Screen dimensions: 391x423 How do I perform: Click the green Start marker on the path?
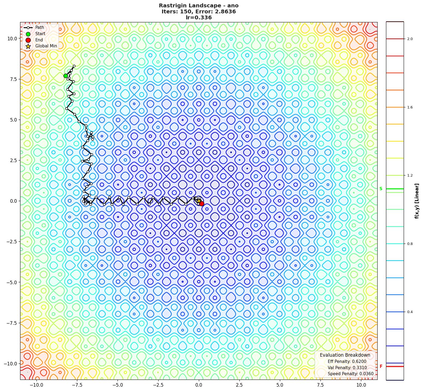tap(66, 76)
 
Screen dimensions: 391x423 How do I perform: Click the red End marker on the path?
tap(202, 204)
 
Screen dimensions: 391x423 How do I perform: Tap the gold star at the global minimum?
tap(199, 201)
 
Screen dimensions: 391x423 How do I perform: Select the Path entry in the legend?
tap(39, 28)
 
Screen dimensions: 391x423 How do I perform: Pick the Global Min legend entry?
tap(46, 46)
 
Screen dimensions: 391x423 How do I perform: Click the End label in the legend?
tap(39, 40)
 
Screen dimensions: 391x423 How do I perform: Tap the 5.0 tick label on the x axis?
tap(280, 385)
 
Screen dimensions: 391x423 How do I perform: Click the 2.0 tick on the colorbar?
tap(410, 39)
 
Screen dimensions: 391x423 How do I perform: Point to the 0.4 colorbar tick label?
tap(410, 312)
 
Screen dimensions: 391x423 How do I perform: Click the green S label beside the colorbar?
tap(381, 189)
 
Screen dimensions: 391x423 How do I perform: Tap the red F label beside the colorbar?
tap(381, 366)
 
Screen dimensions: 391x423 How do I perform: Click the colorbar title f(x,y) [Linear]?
tap(416, 201)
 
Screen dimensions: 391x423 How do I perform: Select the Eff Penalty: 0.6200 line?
tap(347, 362)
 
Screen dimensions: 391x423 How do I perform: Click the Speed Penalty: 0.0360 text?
tap(350, 374)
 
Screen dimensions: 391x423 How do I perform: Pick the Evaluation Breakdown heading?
tap(345, 355)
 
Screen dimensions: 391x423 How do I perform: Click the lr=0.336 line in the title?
tap(199, 18)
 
